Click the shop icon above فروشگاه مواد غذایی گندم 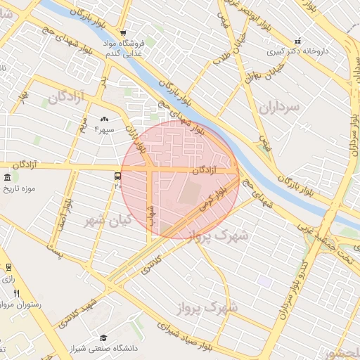pos(124,33)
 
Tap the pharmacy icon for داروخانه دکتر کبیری pos(297,41)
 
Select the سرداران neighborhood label pos(279,106)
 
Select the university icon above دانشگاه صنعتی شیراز pos(103,338)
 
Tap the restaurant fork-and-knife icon pos(16,294)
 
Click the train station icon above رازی pos(8,267)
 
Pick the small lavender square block pos(264,281)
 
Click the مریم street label pos(83,125)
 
